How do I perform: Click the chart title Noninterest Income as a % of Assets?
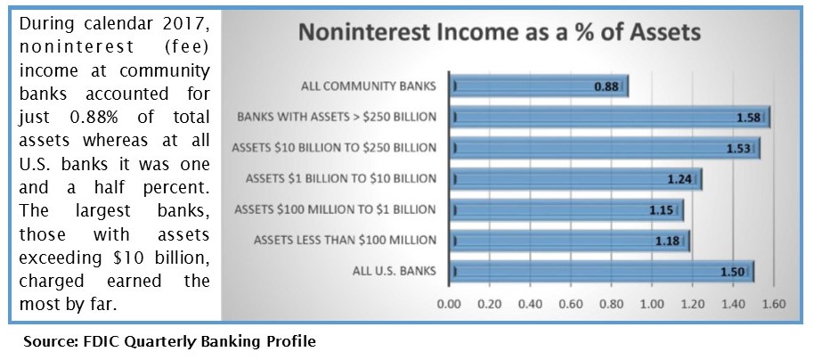point(500,32)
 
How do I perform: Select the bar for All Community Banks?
point(539,86)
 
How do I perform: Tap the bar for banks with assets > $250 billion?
point(610,117)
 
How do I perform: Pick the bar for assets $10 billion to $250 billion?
point(605,148)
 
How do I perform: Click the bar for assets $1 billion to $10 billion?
point(575,179)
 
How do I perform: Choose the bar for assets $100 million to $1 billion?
point(566,210)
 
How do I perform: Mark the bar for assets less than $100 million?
point(569,241)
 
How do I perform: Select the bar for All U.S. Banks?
point(602,272)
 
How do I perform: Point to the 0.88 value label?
point(606,86)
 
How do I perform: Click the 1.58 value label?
point(749,118)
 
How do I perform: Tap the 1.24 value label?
point(680,180)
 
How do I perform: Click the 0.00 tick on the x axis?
point(449,304)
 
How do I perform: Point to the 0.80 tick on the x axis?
point(612,304)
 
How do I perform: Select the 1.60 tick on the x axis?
point(774,304)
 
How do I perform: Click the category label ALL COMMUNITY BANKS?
point(369,86)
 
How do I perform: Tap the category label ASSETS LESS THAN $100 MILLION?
point(346,241)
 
